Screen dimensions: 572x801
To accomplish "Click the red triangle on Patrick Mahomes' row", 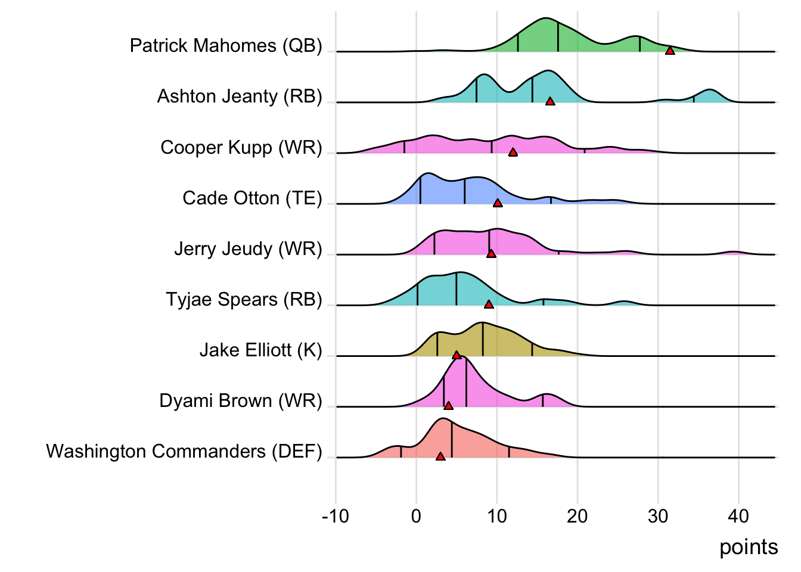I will coord(670,51).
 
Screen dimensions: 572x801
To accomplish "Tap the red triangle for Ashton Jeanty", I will coord(550,101).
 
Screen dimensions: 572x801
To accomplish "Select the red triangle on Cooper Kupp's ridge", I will coord(513,153).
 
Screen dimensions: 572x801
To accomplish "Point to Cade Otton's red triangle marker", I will coord(498,203).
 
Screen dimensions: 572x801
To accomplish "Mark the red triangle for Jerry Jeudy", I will coord(491,254).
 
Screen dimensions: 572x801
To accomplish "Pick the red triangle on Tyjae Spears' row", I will coord(489,304).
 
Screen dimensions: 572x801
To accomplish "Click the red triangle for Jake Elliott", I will coord(457,355).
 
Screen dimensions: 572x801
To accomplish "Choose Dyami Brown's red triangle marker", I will coord(448,406).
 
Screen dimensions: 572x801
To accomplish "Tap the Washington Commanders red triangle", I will coord(440,456).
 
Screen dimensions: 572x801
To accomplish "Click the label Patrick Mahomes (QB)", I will coord(226,46).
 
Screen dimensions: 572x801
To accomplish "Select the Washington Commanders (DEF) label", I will coord(184,452).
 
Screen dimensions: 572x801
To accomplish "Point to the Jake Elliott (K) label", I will coord(260,350).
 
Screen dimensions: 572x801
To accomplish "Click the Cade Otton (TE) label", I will coord(252,198).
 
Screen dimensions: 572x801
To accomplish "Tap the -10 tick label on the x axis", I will coord(336,516).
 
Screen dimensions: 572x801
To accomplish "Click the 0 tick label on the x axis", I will coord(416,516).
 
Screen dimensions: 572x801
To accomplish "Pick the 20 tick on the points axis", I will coord(577,516).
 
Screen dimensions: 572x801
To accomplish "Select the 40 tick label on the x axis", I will coord(738,516).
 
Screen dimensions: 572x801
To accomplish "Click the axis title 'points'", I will coord(749,547).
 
